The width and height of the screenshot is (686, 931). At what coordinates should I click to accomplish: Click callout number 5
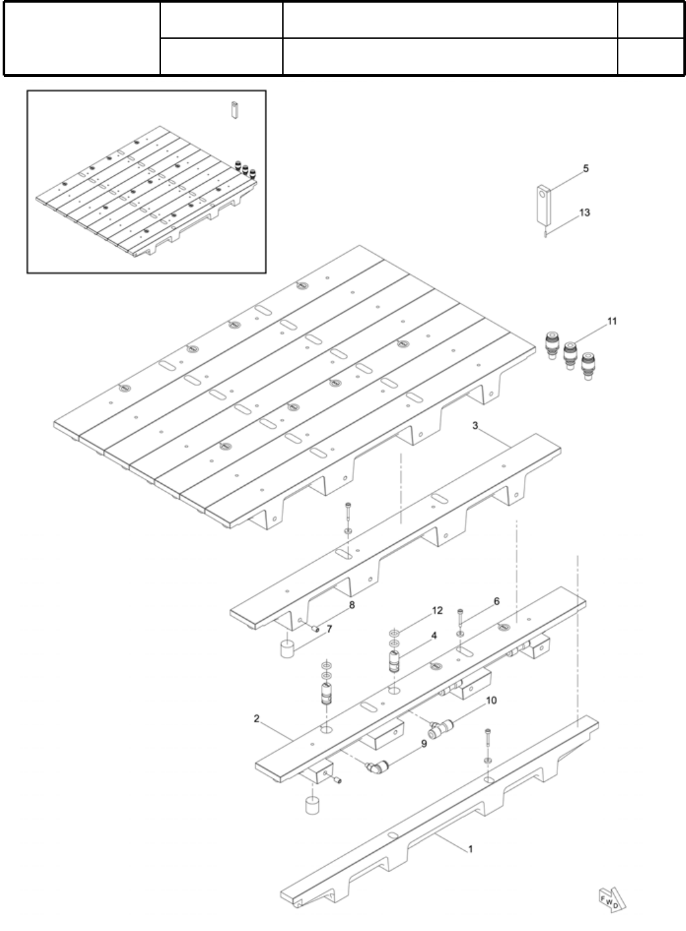(x=586, y=169)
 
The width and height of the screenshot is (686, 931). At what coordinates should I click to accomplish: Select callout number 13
(x=584, y=213)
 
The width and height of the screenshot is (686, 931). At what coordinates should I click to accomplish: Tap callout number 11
(x=612, y=321)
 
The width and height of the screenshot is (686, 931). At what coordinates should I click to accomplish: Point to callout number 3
(x=475, y=427)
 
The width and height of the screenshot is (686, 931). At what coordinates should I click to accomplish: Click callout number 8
(x=352, y=605)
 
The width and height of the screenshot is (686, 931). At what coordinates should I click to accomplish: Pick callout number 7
(x=330, y=629)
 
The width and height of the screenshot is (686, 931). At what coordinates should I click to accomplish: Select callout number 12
(x=437, y=611)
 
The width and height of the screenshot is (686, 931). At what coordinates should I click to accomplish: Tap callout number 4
(x=433, y=636)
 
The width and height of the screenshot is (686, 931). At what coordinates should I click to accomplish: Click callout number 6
(x=496, y=601)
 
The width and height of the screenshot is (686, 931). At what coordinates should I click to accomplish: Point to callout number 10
(x=491, y=701)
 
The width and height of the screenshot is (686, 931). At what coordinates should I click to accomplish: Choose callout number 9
(x=424, y=744)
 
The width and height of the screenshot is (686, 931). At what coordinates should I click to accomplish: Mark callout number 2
(x=258, y=719)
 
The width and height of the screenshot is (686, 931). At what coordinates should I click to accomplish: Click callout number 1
(x=470, y=849)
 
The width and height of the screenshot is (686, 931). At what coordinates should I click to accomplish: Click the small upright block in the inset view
(x=232, y=109)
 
